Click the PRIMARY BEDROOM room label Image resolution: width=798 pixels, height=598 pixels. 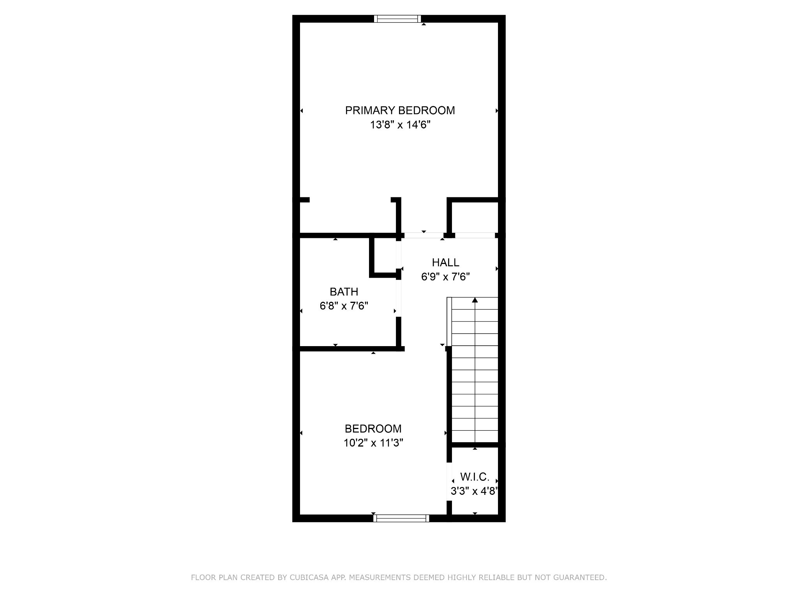pos(400,111)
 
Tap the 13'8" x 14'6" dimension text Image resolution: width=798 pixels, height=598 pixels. pos(400,125)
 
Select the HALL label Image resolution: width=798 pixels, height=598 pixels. pos(445,262)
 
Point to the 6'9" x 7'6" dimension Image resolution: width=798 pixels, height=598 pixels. pos(445,277)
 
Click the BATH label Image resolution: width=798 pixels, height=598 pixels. pos(344,292)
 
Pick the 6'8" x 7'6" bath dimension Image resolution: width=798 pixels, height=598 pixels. pos(344,306)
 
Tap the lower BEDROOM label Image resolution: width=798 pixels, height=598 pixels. pos(373,429)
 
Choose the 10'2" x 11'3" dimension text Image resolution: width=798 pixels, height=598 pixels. pos(373,443)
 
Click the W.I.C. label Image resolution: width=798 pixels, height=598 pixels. pos(475,477)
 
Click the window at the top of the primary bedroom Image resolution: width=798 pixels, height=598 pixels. pos(397,19)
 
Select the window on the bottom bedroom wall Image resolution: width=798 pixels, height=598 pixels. pos(401,518)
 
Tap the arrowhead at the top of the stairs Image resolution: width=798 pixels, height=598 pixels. pos(475,300)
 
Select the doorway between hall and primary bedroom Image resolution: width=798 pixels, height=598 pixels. pos(424,235)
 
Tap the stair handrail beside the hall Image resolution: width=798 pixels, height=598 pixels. pos(449,322)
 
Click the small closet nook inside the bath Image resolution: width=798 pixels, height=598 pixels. pos(385,255)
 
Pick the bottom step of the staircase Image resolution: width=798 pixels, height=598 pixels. pos(475,436)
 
